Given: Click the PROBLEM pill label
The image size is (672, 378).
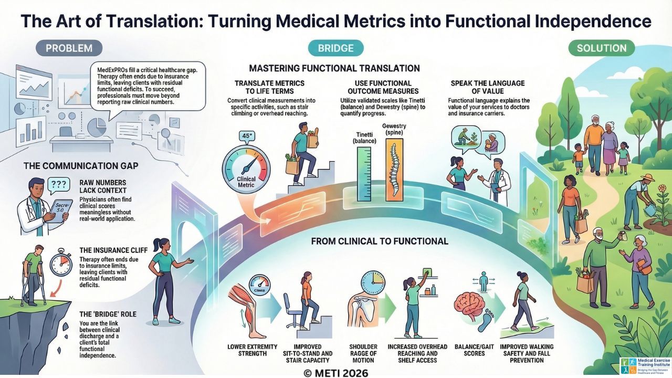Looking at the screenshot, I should point(69,48).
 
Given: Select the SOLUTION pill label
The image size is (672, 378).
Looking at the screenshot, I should point(601,48).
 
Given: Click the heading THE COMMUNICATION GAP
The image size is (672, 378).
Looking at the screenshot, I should point(81,166).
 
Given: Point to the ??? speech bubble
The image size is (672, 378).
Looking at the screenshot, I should point(58,184).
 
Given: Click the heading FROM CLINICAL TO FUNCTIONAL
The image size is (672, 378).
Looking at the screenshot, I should point(380,241).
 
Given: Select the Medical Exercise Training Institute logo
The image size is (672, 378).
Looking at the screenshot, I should point(644,365).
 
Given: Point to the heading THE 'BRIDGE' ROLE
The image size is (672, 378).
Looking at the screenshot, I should point(108,314).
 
